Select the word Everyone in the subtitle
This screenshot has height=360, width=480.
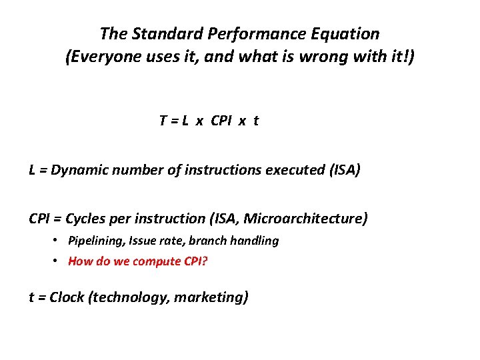pyautogui.click(x=103, y=57)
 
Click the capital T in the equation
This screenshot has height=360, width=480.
pyautogui.click(x=163, y=121)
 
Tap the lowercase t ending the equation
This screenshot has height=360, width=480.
pyautogui.click(x=256, y=121)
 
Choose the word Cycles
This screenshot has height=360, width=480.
pyautogui.click(x=88, y=218)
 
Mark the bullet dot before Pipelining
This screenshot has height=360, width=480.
pyautogui.click(x=59, y=240)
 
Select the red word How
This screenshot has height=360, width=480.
pyautogui.click(x=79, y=261)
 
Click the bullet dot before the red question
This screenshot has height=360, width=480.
pyautogui.click(x=59, y=260)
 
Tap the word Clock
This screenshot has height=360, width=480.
pyautogui.click(x=67, y=297)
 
